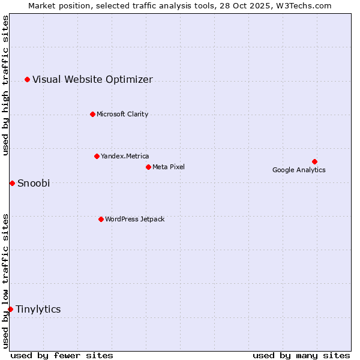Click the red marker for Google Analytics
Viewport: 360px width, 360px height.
[x=314, y=161]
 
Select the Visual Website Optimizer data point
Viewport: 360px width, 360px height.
[x=27, y=79]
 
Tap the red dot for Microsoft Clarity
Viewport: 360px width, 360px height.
[x=92, y=114]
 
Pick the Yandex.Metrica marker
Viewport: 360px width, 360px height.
[x=97, y=156]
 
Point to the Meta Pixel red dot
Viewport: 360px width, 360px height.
[x=148, y=167]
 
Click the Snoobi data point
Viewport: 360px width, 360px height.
[x=12, y=183]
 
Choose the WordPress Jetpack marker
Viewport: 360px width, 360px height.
[x=101, y=219]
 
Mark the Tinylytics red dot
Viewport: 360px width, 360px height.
[x=10, y=309]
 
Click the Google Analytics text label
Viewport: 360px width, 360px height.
[x=299, y=170]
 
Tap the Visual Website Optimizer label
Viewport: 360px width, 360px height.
[x=92, y=80]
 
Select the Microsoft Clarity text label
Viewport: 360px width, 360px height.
[x=122, y=115]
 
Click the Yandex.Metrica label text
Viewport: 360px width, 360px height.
[x=125, y=157]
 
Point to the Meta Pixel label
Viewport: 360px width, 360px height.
[x=169, y=167]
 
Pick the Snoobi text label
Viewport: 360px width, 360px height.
[x=34, y=184]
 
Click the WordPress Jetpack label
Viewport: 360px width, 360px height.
[x=134, y=220]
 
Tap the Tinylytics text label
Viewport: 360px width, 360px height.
[x=38, y=310]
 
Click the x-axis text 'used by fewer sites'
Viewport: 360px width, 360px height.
[x=62, y=355]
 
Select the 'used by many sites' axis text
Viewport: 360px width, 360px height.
[x=301, y=355]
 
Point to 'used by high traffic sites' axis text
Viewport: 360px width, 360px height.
[x=6, y=86]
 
